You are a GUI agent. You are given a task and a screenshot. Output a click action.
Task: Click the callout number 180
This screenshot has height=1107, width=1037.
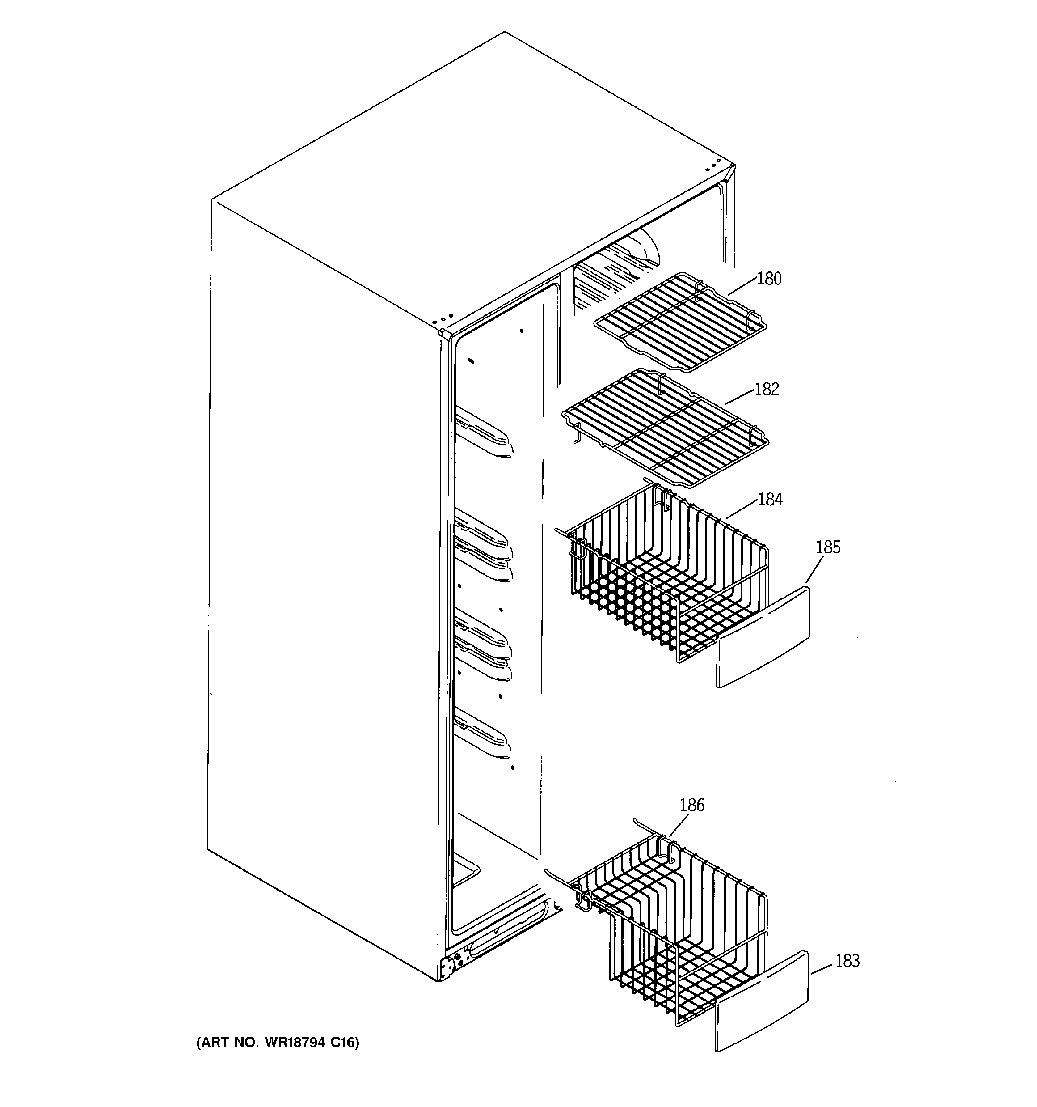click(769, 278)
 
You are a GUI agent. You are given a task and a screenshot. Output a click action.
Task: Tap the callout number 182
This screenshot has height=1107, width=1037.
click(767, 389)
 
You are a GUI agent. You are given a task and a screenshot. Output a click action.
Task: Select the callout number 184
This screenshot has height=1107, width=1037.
click(770, 500)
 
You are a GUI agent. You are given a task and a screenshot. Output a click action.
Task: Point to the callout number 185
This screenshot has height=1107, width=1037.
click(828, 547)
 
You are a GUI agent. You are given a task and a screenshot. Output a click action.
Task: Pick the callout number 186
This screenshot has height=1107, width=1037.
click(691, 805)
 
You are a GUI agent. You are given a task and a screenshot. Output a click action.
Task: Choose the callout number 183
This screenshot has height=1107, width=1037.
click(847, 961)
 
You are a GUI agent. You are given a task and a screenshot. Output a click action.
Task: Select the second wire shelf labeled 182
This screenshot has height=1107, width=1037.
click(665, 429)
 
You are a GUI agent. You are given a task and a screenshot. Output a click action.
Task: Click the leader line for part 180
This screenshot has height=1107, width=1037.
click(742, 286)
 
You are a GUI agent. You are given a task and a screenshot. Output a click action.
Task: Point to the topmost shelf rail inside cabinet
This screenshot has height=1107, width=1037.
click(483, 432)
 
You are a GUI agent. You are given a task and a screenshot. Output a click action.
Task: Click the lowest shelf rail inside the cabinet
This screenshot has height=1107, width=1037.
click(482, 735)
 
